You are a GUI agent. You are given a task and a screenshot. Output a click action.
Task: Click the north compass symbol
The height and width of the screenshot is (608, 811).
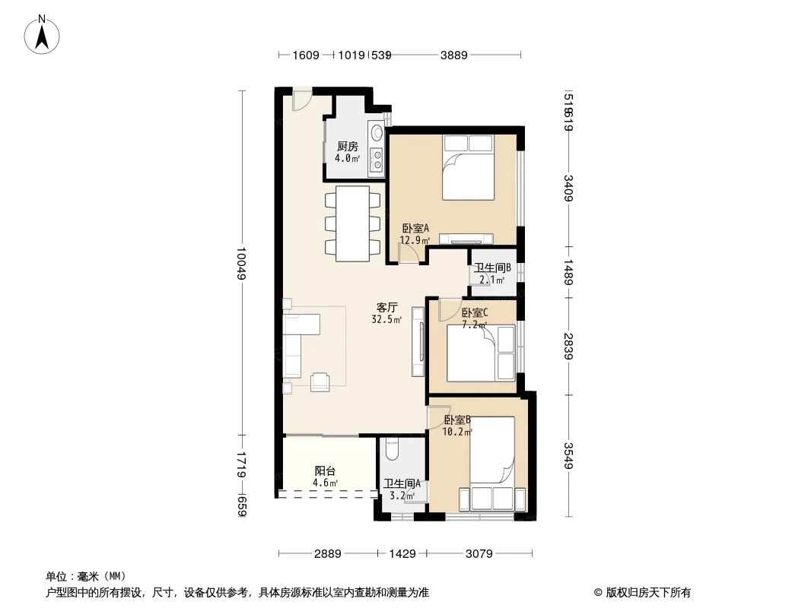pos(43,34)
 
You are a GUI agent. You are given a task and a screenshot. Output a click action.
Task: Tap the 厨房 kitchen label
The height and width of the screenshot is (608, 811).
pos(347,147)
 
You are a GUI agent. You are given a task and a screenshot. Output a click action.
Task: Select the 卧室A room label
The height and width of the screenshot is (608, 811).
pos(415,228)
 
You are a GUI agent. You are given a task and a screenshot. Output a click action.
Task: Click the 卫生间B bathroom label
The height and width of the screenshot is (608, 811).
pos(492,268)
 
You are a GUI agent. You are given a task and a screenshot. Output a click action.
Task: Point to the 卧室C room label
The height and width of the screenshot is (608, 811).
pos(474,312)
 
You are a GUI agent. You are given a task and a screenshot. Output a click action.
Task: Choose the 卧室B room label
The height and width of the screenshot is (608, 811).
pos(457,420)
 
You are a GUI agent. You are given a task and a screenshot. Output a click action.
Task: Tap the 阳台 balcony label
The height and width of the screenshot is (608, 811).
pos(325,471)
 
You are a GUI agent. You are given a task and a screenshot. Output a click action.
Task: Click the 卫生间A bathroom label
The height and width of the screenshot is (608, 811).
pos(402,484)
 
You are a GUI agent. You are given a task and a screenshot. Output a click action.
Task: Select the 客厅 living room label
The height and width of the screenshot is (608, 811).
pos(387,308)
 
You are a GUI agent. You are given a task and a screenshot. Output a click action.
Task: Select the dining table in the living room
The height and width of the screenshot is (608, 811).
pos(352,223)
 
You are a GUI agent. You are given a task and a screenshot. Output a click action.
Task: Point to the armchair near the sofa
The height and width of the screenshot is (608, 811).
pos(320,381)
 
